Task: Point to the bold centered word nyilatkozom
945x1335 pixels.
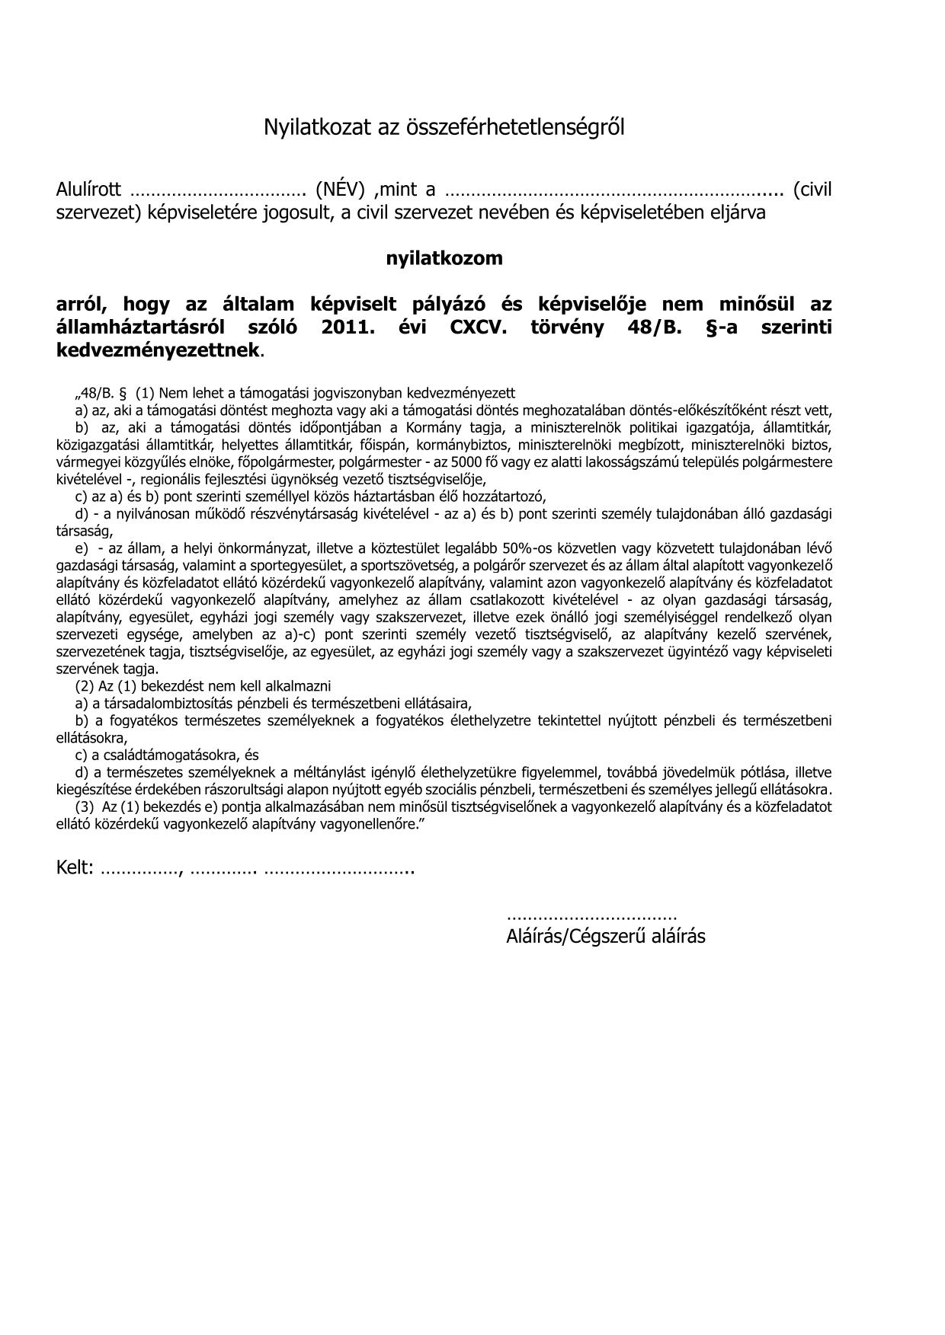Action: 444,258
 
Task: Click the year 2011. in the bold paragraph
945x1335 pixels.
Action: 355,327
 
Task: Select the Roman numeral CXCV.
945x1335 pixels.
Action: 477,327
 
